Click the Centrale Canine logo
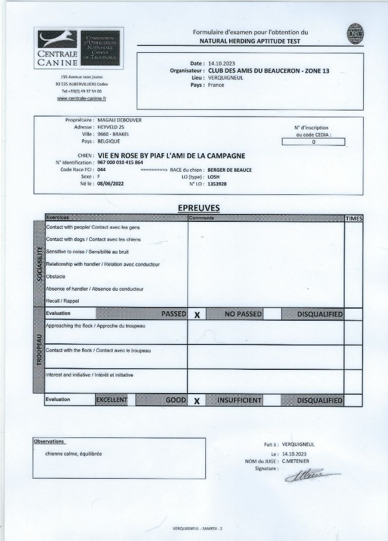(x=79, y=48)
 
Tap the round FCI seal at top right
(x=356, y=34)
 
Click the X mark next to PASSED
(x=197, y=314)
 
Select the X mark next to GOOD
(x=196, y=400)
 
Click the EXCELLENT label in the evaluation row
(x=112, y=400)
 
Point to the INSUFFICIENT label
(x=239, y=400)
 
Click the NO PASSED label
(x=243, y=314)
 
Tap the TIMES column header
(x=354, y=218)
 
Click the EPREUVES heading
(x=198, y=208)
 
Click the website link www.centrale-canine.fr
(x=81, y=98)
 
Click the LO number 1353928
(x=217, y=184)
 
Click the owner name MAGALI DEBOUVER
(x=120, y=120)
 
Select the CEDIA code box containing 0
(x=313, y=142)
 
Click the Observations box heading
(x=49, y=441)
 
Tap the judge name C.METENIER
(x=296, y=461)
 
